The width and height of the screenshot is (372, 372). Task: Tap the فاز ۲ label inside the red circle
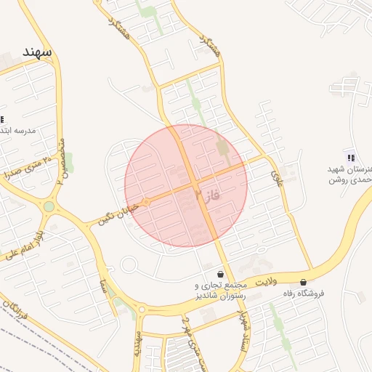[207, 195]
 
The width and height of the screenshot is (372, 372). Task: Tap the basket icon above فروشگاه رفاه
[303, 282]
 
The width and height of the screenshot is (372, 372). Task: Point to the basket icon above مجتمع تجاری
[220, 275]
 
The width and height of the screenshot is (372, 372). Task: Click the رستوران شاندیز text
[221, 296]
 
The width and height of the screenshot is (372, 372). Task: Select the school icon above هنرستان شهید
[352, 158]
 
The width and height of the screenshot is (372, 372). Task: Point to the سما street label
[105, 286]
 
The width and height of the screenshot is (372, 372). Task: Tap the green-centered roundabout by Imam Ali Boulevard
[49, 206]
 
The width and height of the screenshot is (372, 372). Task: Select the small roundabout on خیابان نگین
[145, 201]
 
